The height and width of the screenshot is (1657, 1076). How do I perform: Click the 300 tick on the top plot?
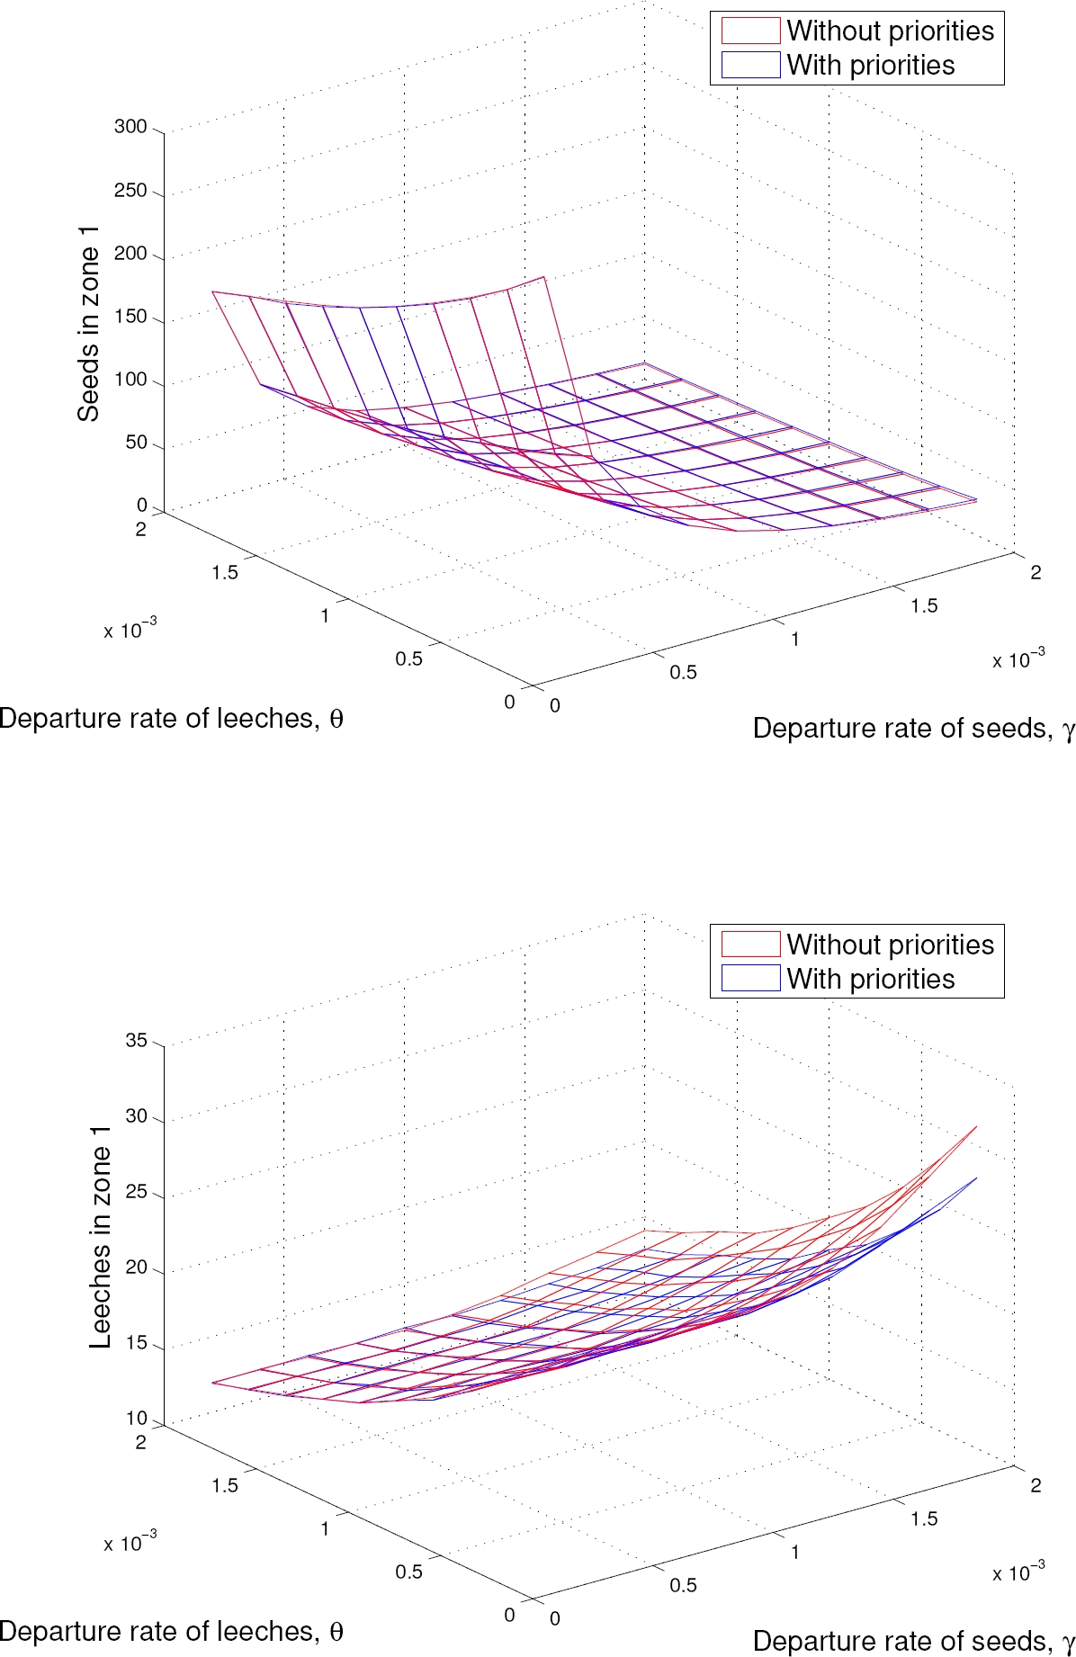coord(130,127)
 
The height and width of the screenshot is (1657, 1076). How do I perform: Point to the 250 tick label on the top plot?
coord(130,191)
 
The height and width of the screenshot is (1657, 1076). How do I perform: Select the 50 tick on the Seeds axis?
coord(136,443)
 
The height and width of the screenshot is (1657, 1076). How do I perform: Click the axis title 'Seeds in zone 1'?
coord(88,324)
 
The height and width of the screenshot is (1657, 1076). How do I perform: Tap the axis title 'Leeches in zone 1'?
coord(100,1236)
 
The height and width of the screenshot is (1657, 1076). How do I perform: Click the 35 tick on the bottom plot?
coord(136,1041)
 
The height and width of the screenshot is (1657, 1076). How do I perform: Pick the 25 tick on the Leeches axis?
coord(136,1193)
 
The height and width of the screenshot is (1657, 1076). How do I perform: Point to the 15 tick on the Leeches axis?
coord(136,1344)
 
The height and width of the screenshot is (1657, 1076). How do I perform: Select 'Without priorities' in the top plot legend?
coord(890,31)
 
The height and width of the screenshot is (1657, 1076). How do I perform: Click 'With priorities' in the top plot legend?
coord(870,65)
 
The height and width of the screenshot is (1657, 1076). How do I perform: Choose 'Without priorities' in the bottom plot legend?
coord(890,945)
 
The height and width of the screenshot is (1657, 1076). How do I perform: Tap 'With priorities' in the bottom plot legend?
coord(870,979)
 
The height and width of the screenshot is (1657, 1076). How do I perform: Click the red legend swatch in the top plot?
coord(750,31)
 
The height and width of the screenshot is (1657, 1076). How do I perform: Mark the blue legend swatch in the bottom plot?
coord(750,978)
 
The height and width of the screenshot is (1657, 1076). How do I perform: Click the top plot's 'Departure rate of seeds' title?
coord(913,729)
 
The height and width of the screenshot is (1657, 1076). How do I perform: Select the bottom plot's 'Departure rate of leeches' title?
coord(171,1632)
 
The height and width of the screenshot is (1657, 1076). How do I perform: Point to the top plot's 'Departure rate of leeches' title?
coord(171,719)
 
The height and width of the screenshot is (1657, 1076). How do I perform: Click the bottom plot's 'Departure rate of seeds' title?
coord(913,1642)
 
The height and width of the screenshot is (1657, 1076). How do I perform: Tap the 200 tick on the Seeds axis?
coord(130,254)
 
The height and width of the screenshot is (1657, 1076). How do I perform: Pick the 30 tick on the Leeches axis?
coord(136,1116)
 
